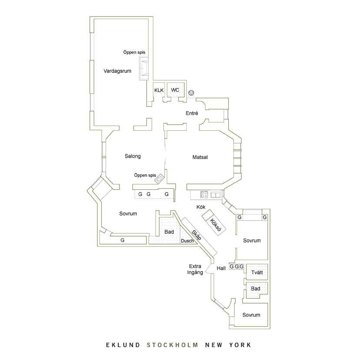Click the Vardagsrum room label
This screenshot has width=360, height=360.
[117, 71]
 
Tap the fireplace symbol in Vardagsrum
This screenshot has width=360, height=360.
[144, 69]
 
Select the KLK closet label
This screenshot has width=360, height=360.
[159, 90]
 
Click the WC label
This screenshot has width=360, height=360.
[175, 90]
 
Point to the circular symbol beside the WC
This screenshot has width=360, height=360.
[191, 93]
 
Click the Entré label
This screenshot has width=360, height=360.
[192, 113]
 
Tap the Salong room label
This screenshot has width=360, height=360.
[133, 156]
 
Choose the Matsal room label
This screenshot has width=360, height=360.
[200, 157]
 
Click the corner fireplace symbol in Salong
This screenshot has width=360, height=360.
[160, 178]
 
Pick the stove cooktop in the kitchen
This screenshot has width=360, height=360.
[204, 195]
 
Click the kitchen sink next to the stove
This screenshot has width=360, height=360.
[215, 195]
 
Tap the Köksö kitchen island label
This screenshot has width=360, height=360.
[215, 225]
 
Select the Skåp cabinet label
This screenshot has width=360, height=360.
[197, 235]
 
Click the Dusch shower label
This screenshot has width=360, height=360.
[187, 241]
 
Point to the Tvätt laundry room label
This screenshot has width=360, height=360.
[257, 273]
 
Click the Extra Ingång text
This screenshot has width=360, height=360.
[195, 269]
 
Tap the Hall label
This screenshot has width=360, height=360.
[221, 268]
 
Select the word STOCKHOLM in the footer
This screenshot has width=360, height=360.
[172, 345]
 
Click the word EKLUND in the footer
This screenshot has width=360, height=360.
[123, 345]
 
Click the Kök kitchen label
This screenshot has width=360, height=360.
[201, 207]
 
